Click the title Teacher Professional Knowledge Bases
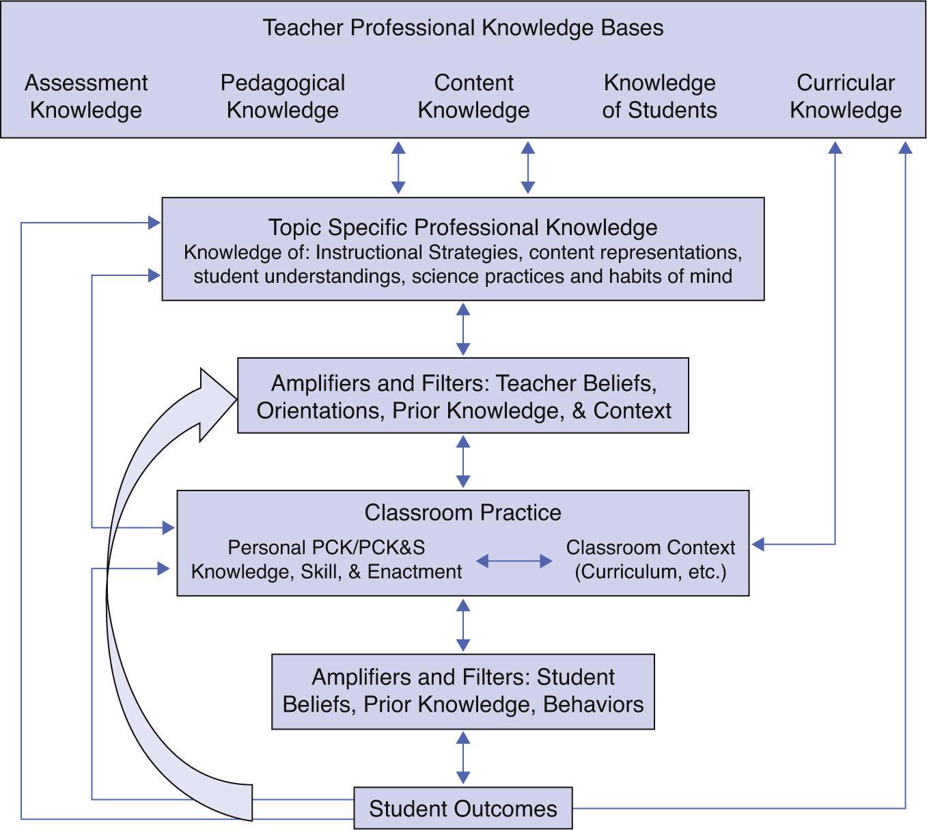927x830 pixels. [x=462, y=28]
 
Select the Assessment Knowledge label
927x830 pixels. [x=86, y=96]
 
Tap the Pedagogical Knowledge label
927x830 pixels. [x=282, y=96]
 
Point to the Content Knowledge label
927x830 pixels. [x=473, y=96]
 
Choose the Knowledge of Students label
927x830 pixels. [x=659, y=96]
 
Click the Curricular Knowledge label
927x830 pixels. [x=845, y=96]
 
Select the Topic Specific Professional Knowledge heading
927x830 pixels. [x=462, y=227]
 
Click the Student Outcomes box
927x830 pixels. [x=462, y=808]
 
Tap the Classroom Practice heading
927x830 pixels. [x=462, y=512]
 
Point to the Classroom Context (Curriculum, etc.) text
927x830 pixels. [x=650, y=559]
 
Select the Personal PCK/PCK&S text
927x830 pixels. [x=326, y=548]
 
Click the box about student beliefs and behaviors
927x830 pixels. [x=462, y=691]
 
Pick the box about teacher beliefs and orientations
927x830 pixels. [x=462, y=396]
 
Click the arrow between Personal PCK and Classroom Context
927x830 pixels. [x=514, y=561]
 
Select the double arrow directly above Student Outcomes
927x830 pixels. [x=462, y=758]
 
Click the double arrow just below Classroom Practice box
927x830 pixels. [x=462, y=624]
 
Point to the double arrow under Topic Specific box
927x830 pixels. [x=462, y=329]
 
